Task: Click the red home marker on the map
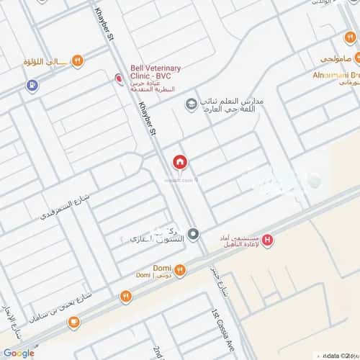tap(179, 163)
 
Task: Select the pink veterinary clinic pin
tap(119, 78)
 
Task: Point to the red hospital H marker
tap(269, 240)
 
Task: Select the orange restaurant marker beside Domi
tap(179, 269)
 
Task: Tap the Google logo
tap(18, 353)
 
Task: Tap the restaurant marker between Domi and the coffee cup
tap(126, 296)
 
